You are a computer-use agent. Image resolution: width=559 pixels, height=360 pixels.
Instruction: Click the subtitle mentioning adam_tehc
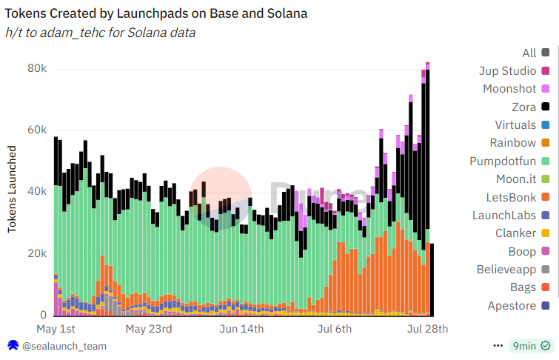pos(101,33)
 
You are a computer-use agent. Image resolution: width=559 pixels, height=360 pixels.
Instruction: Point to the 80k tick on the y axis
pos(38,68)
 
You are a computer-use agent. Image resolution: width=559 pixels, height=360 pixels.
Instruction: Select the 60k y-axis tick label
pos(38,130)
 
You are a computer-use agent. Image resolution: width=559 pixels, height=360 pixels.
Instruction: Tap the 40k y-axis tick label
pos(38,192)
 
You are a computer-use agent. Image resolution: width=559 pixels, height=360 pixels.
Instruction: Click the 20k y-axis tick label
pos(38,253)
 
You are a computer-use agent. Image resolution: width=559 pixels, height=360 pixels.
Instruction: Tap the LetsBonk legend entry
pos(512,197)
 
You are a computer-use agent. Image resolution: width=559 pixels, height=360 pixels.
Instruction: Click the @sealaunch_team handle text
pos(64,346)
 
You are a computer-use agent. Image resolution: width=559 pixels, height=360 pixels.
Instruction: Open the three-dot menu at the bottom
pos(498,346)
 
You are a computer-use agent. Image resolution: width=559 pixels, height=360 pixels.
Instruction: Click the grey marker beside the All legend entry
pos(546,53)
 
